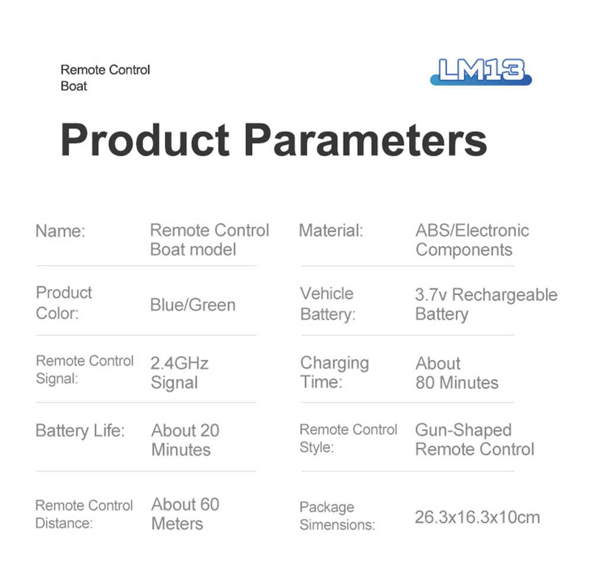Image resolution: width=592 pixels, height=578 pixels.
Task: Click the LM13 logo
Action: (481, 72)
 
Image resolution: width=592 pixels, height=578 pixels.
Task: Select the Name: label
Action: (60, 231)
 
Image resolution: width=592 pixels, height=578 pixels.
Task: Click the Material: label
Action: (331, 231)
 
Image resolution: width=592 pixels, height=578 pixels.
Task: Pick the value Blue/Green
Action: (192, 305)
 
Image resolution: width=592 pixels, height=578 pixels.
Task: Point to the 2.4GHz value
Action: (179, 363)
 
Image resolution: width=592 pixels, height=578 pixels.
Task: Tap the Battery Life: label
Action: (80, 431)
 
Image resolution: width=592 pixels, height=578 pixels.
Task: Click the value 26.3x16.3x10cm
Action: (477, 517)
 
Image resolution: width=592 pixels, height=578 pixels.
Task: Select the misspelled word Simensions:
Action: (337, 525)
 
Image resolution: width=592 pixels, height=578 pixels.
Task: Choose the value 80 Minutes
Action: (457, 383)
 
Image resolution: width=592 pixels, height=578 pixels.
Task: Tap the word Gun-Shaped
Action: (464, 430)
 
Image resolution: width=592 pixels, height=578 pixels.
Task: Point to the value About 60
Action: (185, 505)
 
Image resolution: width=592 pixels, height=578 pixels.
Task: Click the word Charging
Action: (334, 363)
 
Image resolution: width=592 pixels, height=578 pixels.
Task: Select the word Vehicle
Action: (327, 293)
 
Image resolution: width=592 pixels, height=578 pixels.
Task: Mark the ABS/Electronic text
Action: (472, 231)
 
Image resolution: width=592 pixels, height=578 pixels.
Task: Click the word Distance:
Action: (64, 524)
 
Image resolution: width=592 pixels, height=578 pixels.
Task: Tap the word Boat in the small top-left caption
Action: (74, 86)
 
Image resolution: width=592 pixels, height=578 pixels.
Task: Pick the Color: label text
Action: (57, 313)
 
